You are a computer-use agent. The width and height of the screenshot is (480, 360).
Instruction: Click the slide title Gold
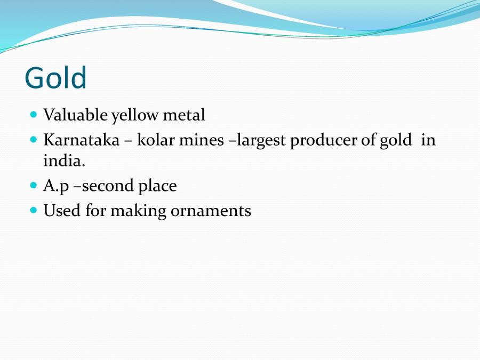pyautogui.click(x=55, y=78)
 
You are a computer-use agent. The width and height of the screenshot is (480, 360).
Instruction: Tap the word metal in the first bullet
pyautogui.click(x=186, y=115)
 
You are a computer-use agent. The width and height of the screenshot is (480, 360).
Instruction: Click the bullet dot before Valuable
pyautogui.click(x=34, y=114)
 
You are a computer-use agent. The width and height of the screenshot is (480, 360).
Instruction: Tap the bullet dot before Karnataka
pyautogui.click(x=34, y=140)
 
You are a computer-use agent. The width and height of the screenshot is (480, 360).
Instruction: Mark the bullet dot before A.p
pyautogui.click(x=34, y=186)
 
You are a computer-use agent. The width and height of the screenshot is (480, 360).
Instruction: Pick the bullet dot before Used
pyautogui.click(x=34, y=210)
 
